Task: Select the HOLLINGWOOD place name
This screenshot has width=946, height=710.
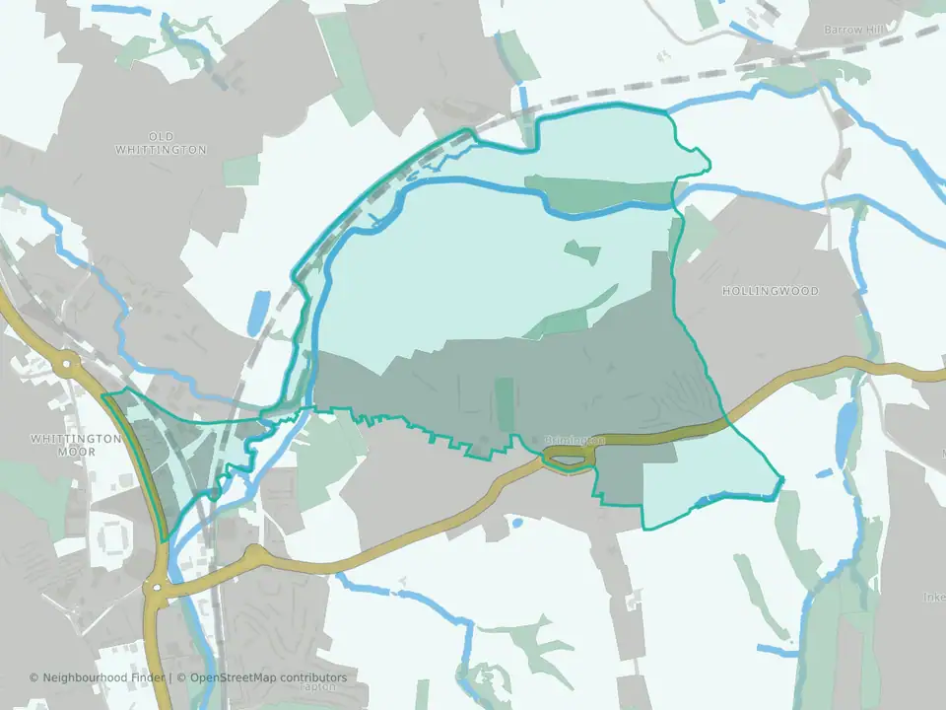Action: click(x=770, y=292)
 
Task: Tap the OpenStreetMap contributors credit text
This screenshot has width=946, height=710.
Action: click(x=269, y=677)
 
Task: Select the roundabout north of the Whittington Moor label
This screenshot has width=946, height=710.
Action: click(x=67, y=364)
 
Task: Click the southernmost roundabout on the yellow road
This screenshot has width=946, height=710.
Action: click(x=157, y=591)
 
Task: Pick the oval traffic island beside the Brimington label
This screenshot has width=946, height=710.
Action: click(x=568, y=456)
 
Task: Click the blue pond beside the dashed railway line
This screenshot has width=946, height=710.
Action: click(x=257, y=312)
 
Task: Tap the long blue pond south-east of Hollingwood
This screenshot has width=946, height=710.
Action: click(x=845, y=433)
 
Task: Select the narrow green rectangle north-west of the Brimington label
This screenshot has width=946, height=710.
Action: click(x=505, y=404)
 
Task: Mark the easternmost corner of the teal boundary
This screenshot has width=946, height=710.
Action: click(x=782, y=481)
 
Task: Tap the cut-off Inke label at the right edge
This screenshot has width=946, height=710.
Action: click(x=933, y=597)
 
